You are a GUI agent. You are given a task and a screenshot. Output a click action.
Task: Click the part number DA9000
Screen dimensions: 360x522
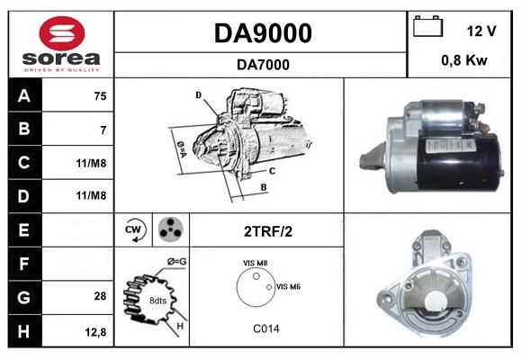tap(262, 33)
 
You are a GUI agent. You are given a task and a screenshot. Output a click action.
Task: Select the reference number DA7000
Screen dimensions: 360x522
tap(262, 64)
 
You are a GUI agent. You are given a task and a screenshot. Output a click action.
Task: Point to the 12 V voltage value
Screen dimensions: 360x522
tap(481, 31)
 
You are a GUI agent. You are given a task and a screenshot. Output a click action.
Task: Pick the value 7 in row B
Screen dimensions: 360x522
tap(103, 130)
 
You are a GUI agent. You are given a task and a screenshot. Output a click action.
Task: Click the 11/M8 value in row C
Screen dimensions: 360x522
tap(93, 163)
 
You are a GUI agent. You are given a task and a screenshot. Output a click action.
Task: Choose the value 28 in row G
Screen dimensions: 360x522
tap(100, 296)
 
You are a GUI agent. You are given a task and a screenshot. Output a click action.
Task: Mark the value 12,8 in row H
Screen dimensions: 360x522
tap(96, 331)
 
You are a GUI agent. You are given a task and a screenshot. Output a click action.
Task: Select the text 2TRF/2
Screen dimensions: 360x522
tap(267, 231)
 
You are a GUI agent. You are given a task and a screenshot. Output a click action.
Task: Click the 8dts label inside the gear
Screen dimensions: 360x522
tap(157, 299)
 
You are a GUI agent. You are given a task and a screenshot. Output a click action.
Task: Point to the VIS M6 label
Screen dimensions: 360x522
tap(288, 286)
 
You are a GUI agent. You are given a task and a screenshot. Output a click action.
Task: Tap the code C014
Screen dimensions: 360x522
tap(265, 328)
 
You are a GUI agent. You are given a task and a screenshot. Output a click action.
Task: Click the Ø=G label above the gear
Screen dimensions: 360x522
tap(177, 261)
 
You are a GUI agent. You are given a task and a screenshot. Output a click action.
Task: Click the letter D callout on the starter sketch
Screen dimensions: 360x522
tap(198, 94)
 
